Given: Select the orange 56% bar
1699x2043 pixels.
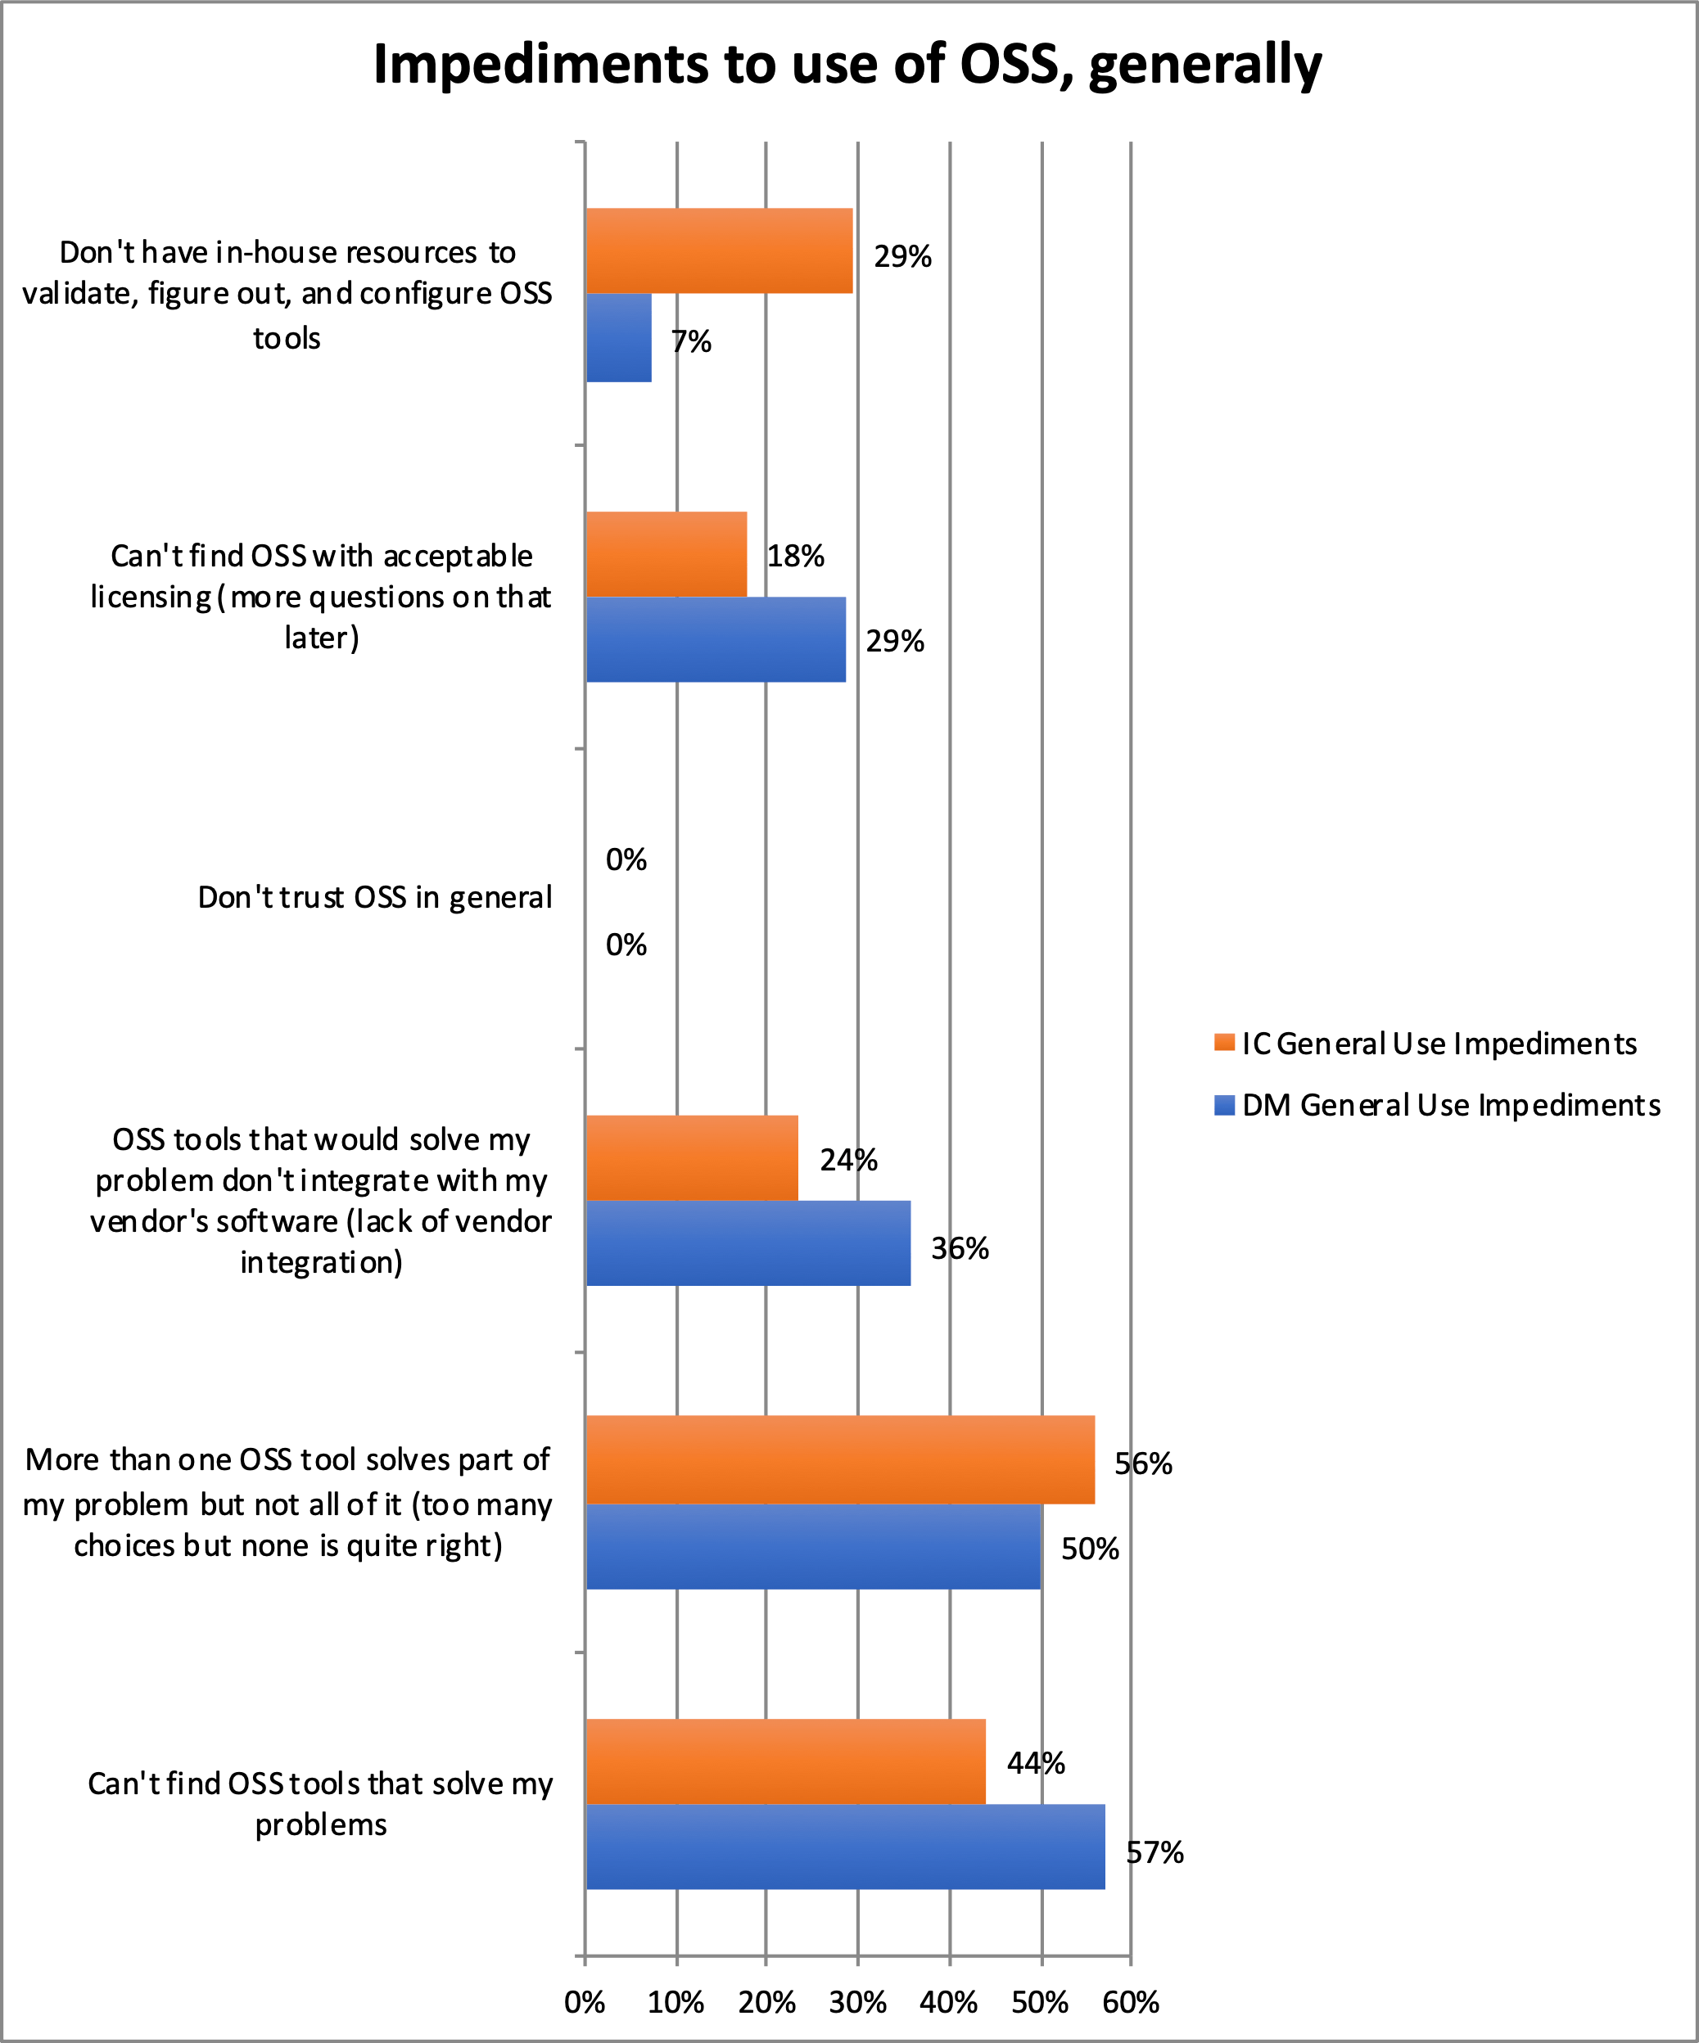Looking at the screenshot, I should click(x=840, y=1459).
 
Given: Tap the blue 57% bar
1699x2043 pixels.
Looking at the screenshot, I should click(x=845, y=1847).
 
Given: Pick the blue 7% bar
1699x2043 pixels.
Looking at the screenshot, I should click(x=619, y=337).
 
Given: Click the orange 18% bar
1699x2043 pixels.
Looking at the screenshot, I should click(x=666, y=554).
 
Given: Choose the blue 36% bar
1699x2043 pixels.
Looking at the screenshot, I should click(x=748, y=1243).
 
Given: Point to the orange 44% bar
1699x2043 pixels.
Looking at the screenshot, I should click(x=785, y=1761).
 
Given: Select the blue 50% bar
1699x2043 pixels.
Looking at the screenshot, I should click(x=814, y=1547).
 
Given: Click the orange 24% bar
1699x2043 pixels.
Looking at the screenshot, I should click(x=692, y=1157).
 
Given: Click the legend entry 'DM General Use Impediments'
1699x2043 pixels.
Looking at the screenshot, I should click(x=1450, y=1105).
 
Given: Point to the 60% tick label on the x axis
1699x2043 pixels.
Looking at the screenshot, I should click(x=1131, y=2002).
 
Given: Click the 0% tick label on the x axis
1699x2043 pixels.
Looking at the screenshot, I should click(x=585, y=2002).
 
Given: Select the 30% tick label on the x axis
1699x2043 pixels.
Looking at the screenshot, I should click(x=857, y=2002).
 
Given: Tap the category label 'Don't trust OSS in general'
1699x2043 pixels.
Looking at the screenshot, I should click(x=375, y=897).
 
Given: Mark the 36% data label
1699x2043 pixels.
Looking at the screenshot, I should click(x=960, y=1248).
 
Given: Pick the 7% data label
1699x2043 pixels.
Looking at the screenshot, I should click(x=691, y=341).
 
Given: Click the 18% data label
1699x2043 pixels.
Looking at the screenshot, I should click(x=795, y=557).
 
